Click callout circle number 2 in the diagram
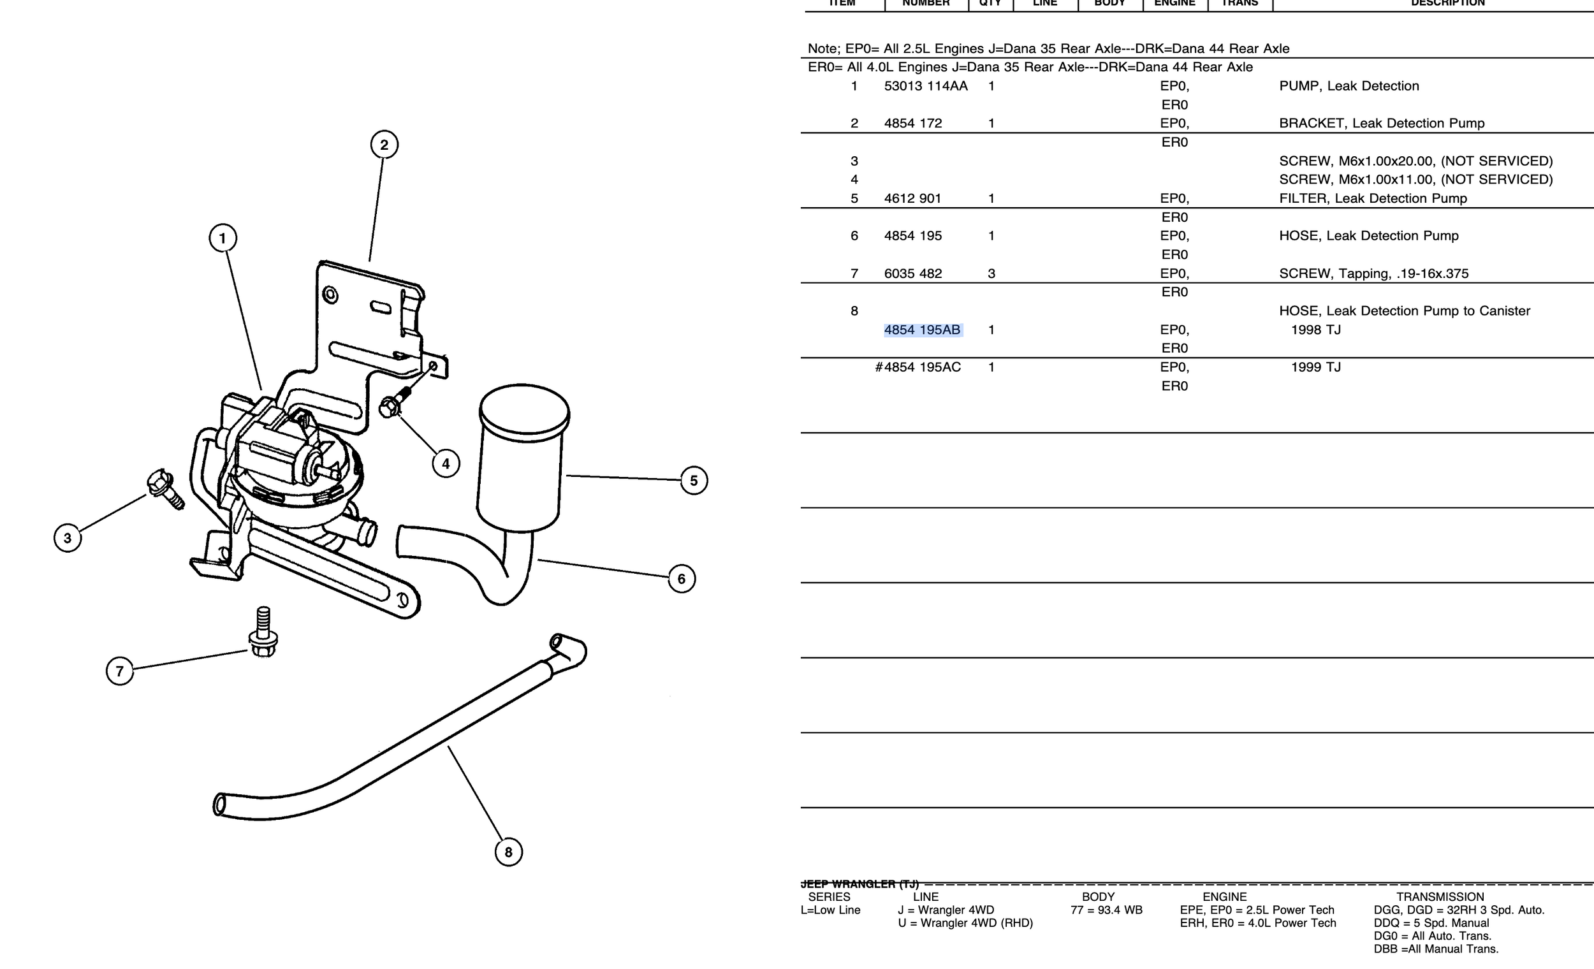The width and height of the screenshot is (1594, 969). pyautogui.click(x=384, y=144)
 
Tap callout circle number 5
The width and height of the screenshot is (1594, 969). pyautogui.click(x=694, y=481)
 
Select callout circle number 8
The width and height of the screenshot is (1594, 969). pyautogui.click(x=508, y=852)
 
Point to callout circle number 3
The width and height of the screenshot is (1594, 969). pyautogui.click(x=68, y=537)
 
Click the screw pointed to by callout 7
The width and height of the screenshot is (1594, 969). pyautogui.click(x=263, y=632)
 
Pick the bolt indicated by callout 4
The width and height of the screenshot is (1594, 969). pyautogui.click(x=393, y=402)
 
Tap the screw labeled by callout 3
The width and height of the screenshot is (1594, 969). pyautogui.click(x=165, y=489)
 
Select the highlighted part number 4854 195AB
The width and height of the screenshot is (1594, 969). pyautogui.click(x=922, y=330)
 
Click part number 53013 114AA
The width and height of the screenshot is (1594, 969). pyautogui.click(x=926, y=86)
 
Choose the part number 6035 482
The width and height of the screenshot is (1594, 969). pyautogui.click(x=912, y=273)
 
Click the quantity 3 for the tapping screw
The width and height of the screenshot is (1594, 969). pyautogui.click(x=991, y=273)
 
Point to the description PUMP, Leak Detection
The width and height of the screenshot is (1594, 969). pyautogui.click(x=1349, y=86)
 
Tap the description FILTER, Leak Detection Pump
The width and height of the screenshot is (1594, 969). pyautogui.click(x=1373, y=199)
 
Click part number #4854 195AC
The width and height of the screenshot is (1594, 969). pyautogui.click(x=918, y=367)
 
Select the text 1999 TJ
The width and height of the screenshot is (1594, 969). pyautogui.click(x=1316, y=367)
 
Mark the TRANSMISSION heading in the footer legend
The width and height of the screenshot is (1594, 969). pyautogui.click(x=1440, y=896)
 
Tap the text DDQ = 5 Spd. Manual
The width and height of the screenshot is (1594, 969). pyautogui.click(x=1431, y=923)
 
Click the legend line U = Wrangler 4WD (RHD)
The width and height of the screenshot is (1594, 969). pyautogui.click(x=965, y=923)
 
